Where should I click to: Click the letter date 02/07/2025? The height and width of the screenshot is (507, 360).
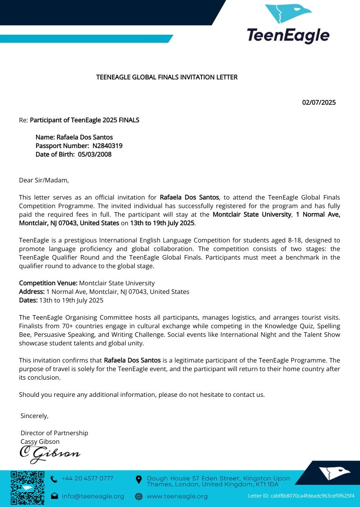tap(318, 102)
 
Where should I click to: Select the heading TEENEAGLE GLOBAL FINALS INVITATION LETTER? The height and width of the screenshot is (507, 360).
tap(167, 77)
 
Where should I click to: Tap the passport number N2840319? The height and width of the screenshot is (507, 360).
tap(108, 146)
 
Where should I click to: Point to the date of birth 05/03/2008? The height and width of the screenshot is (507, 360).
tap(94, 154)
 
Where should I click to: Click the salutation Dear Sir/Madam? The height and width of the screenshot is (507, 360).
tap(44, 181)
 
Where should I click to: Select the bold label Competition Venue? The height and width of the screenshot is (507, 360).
tap(48, 283)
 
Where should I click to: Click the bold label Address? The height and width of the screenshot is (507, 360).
tap(32, 292)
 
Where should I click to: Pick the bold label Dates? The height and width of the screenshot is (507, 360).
tap(28, 300)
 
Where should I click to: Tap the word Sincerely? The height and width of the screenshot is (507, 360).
tap(34, 416)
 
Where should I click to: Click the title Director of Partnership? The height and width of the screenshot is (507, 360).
tap(54, 433)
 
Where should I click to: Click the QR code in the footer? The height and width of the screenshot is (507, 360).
tap(28, 488)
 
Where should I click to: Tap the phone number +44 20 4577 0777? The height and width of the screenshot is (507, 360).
tap(88, 479)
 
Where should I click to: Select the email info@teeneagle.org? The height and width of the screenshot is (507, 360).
tap(93, 496)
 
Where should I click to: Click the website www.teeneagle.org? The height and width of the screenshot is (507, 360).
tap(177, 496)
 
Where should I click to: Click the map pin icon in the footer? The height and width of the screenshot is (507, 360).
tap(139, 479)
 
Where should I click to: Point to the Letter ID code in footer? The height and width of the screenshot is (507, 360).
tap(301, 496)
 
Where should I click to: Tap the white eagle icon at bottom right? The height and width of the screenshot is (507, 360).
tap(334, 473)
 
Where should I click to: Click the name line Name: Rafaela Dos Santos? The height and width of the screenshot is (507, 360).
tap(74, 137)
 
